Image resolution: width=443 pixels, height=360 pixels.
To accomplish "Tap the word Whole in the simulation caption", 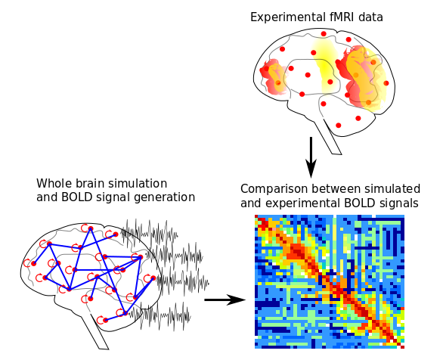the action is click(54, 183).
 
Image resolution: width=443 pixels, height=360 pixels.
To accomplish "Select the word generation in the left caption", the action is click(165, 197).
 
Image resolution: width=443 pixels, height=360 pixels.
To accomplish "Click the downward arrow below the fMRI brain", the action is click(311, 157).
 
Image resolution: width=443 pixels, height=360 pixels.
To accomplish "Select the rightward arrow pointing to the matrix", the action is click(225, 299).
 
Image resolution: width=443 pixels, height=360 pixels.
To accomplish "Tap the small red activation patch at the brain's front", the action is click(273, 77).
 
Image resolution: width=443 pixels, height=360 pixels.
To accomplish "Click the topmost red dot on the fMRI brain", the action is click(324, 34).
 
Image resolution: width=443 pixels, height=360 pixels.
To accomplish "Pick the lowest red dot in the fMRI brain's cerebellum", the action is click(339, 126).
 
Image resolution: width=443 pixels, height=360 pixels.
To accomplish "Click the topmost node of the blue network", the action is click(91, 228).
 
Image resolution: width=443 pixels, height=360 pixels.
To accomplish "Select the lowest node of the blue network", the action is click(106, 320).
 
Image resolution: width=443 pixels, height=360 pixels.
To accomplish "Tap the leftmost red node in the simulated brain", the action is click(34, 264).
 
